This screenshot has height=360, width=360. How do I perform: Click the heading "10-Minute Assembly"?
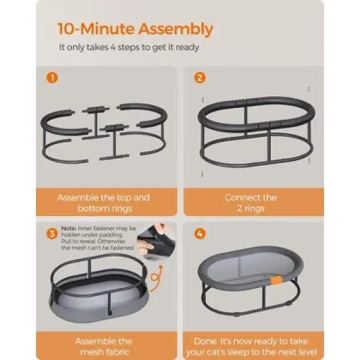point(135,29)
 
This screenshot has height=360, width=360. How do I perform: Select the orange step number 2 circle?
point(200,77)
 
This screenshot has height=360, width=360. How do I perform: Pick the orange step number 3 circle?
point(52,233)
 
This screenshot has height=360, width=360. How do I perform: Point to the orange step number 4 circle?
point(200,233)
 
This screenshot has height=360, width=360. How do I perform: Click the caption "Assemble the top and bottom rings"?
point(103,202)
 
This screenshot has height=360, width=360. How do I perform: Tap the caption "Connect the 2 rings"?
point(251,202)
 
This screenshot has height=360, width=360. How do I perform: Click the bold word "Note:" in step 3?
point(67,228)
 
